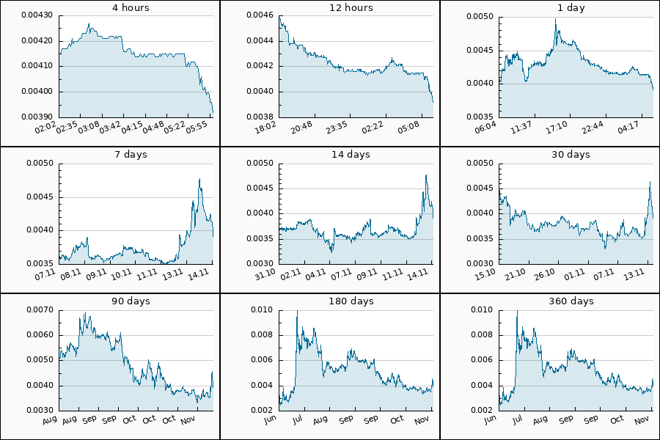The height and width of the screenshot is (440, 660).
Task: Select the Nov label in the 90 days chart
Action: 187,420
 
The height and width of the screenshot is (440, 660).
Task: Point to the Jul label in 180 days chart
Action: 298,420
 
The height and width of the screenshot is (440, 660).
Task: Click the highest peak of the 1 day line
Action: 556,20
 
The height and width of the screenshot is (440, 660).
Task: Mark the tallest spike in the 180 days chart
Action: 297,311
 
